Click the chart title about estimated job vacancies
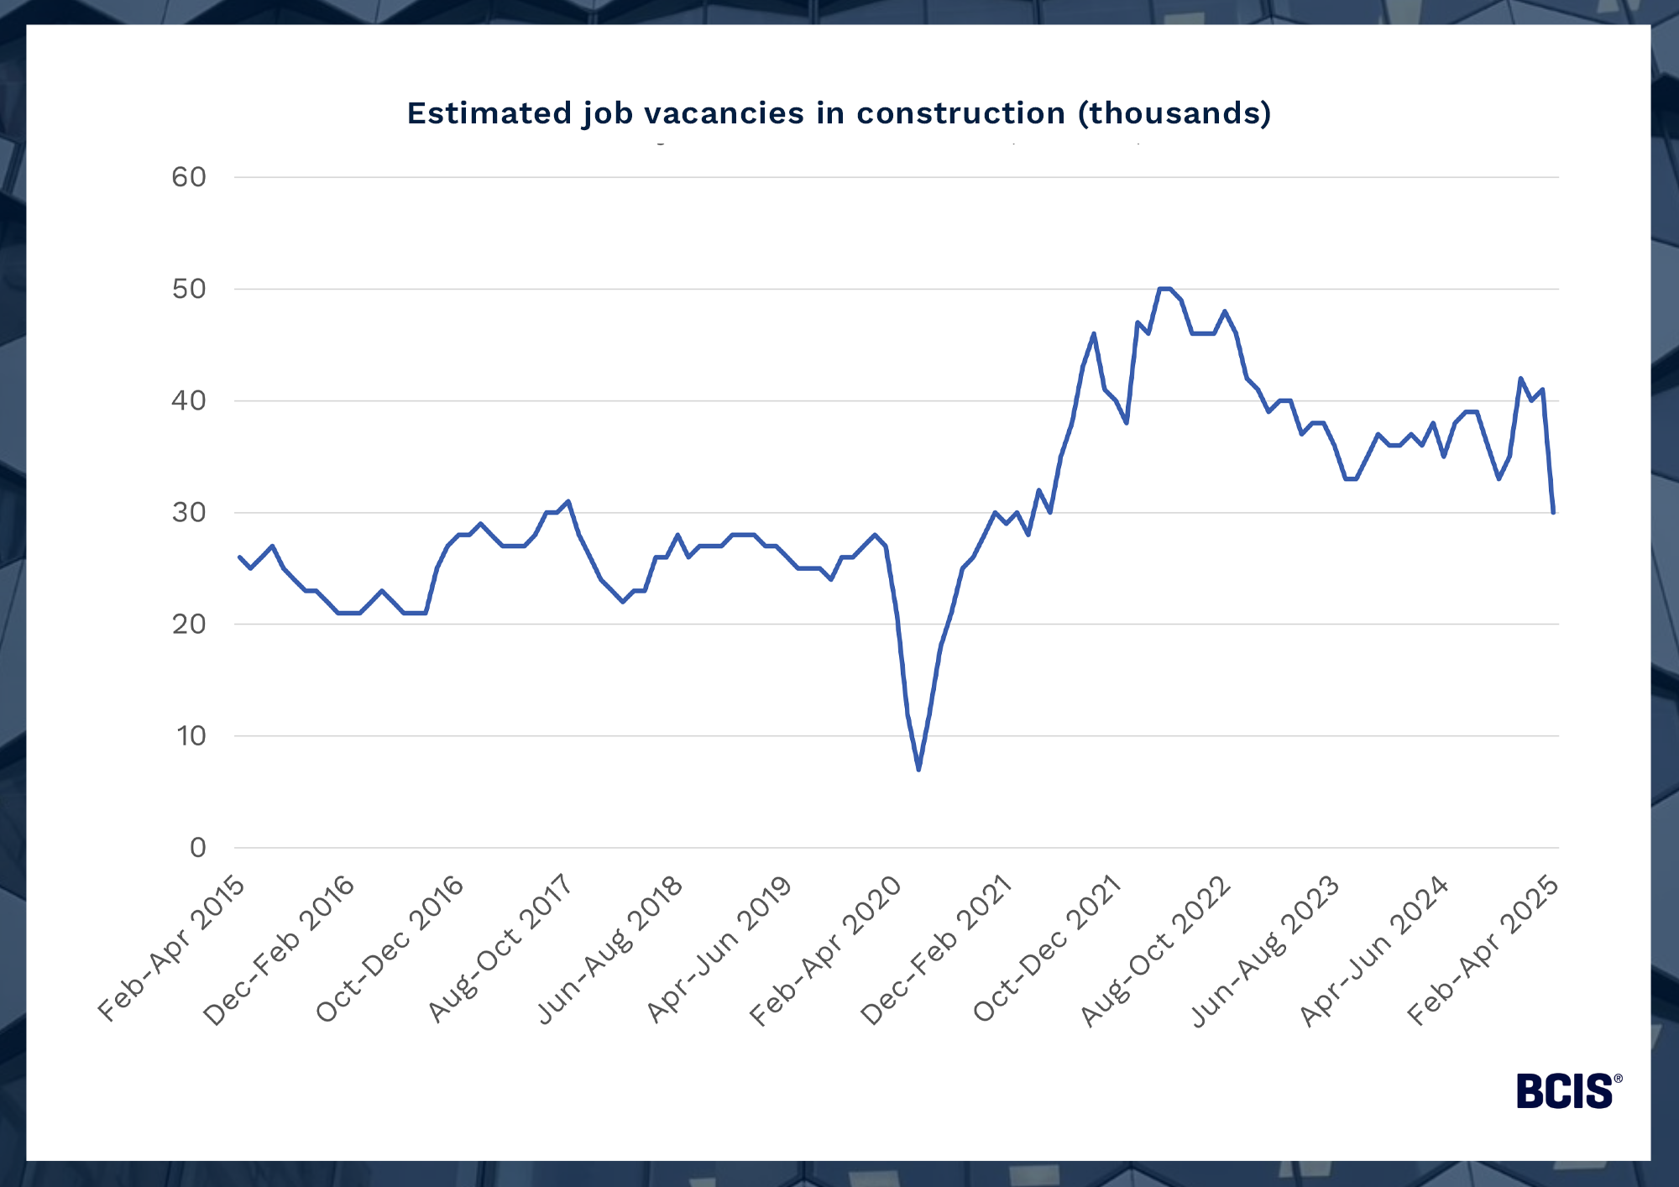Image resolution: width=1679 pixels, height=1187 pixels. (839, 113)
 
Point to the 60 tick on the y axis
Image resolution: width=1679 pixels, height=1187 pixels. (189, 177)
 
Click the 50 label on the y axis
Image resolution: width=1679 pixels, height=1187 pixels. (189, 289)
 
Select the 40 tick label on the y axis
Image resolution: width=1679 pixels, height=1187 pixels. (189, 400)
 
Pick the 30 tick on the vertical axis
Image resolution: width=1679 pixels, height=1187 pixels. (189, 512)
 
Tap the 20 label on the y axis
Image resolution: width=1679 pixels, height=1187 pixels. (189, 624)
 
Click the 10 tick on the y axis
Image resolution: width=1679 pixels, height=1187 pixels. (191, 736)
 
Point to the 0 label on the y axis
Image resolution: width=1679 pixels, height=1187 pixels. (197, 848)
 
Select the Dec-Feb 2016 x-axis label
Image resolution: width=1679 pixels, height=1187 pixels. (280, 950)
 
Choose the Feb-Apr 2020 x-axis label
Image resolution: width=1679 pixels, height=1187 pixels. (825, 950)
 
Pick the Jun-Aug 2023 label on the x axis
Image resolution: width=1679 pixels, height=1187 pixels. (1265, 950)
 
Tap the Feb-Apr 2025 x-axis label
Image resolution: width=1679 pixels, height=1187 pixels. (1483, 950)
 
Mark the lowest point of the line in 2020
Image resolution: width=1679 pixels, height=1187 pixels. (918, 769)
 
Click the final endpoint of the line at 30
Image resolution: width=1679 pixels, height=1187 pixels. (1554, 512)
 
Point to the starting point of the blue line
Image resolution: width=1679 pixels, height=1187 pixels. (239, 557)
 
